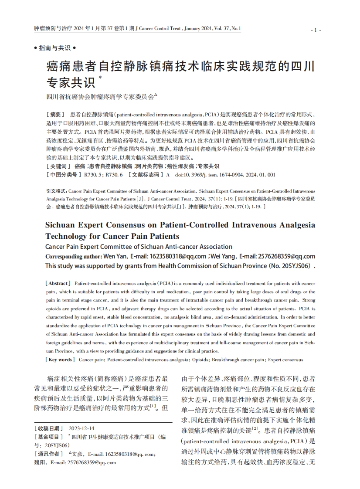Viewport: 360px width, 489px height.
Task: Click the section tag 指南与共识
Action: pyautogui.click(x=54, y=48)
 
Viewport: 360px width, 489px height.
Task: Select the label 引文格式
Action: pyautogui.click(x=56, y=191)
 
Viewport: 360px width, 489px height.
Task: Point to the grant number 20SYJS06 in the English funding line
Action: pyautogui.click(x=294, y=266)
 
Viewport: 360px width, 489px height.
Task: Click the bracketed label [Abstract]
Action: pyautogui.click(x=58, y=283)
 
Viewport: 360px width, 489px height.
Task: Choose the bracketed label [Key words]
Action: pyautogui.click(x=59, y=360)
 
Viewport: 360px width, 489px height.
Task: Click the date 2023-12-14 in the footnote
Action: pyautogui.click(x=82, y=428)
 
